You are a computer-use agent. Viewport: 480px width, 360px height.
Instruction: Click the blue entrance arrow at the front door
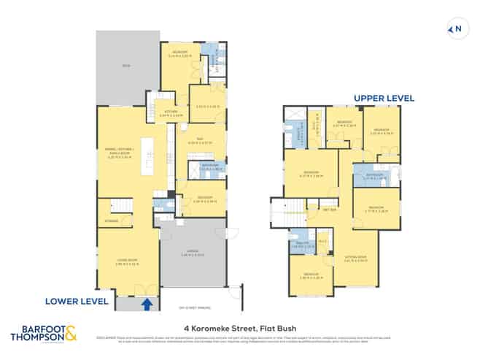point(148,303)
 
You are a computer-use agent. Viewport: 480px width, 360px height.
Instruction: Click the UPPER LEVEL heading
point(384,97)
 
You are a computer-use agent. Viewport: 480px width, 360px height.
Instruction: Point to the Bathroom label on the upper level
point(374,175)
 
